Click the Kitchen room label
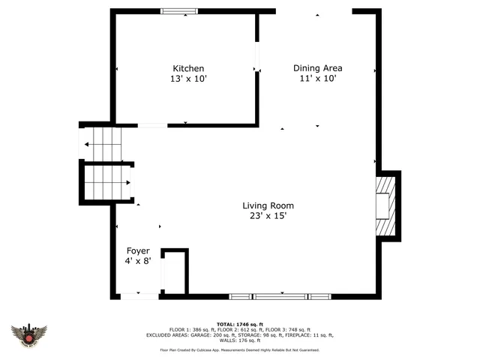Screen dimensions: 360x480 188,68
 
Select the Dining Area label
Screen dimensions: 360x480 317,68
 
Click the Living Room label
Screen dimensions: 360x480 268,205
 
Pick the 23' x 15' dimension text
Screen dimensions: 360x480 268,216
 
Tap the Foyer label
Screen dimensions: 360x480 138,250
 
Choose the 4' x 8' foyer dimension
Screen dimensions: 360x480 138,261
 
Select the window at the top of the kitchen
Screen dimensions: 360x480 180,10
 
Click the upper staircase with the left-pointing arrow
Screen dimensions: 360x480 102,143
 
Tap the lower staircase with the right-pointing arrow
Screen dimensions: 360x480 106,182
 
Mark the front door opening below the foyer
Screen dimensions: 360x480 139,296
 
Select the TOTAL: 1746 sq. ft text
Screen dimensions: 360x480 239,323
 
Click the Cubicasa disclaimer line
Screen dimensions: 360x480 239,349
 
